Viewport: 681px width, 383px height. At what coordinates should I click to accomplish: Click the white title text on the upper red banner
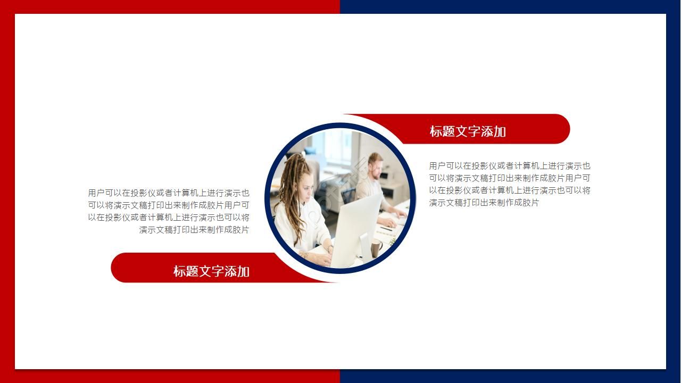[467, 131]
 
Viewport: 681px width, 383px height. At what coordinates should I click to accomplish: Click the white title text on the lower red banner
[211, 271]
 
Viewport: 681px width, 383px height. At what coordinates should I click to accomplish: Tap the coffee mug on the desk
[377, 247]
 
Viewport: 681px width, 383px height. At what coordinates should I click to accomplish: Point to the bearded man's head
[375, 165]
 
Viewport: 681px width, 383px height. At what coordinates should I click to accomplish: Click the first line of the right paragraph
[510, 166]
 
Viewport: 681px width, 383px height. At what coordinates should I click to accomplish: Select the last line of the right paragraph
[484, 203]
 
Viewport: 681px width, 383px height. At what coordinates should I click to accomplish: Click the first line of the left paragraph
[169, 193]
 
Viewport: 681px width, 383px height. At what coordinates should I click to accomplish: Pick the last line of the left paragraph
[194, 230]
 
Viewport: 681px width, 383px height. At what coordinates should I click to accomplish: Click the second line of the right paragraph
[510, 178]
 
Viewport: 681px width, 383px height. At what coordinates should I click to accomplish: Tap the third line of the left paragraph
[169, 218]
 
